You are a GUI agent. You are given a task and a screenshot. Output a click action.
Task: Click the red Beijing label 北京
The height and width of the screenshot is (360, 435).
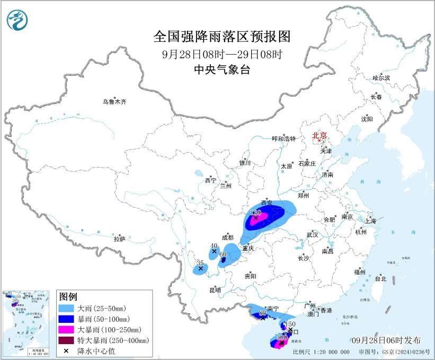click(x=319, y=135)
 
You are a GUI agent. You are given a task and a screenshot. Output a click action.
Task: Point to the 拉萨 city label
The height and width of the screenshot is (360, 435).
click(x=119, y=239)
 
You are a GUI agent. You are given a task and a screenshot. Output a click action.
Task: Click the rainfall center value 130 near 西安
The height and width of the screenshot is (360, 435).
click(x=256, y=212)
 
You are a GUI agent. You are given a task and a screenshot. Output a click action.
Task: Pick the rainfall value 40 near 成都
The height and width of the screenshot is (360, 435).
click(x=214, y=245)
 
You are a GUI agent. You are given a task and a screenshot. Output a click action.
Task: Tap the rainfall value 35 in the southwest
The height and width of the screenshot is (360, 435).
click(x=200, y=263)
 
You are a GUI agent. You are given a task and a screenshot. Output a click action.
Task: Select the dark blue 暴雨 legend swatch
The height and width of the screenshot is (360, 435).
click(x=66, y=319)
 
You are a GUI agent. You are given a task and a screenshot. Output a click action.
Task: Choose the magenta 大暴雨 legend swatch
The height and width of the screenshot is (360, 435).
click(x=66, y=329)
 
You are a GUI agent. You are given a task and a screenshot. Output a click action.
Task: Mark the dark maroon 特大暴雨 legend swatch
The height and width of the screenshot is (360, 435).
click(x=66, y=340)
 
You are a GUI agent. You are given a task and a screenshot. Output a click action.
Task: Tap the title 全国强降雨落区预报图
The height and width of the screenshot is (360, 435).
click(x=222, y=36)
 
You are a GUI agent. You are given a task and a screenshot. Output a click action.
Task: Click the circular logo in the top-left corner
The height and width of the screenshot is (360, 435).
click(x=17, y=20)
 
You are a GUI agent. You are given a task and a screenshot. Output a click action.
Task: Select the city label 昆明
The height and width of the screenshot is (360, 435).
click(x=215, y=290)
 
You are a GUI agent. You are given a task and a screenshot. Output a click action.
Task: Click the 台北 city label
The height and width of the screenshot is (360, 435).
click(x=380, y=278)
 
